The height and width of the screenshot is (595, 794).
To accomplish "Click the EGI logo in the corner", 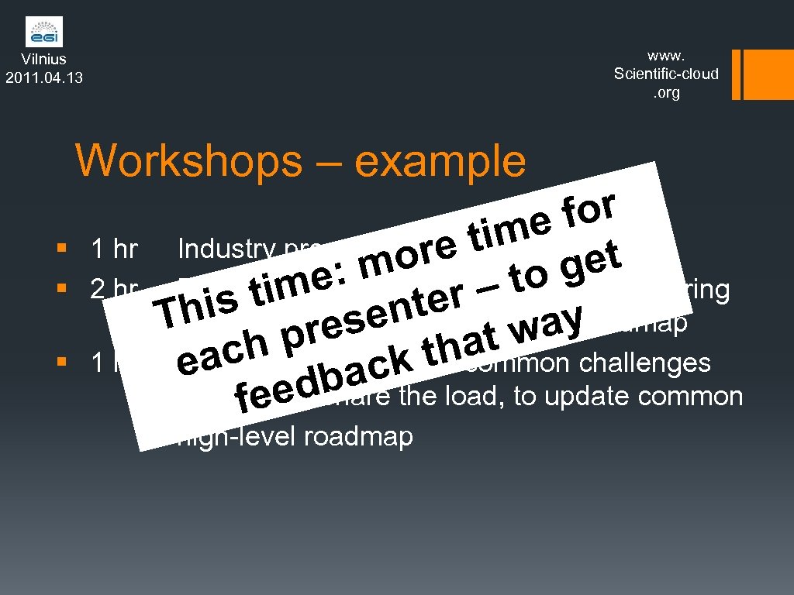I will coord(43,32).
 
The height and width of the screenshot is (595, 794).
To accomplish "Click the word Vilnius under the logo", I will coord(43,59).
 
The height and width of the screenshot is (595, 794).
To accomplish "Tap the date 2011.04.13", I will coord(44,77).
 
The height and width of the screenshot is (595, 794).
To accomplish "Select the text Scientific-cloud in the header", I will coord(666,74).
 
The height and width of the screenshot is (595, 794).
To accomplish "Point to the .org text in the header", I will coord(666,93).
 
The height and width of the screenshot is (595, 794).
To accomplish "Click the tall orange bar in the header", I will coord(757,75).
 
